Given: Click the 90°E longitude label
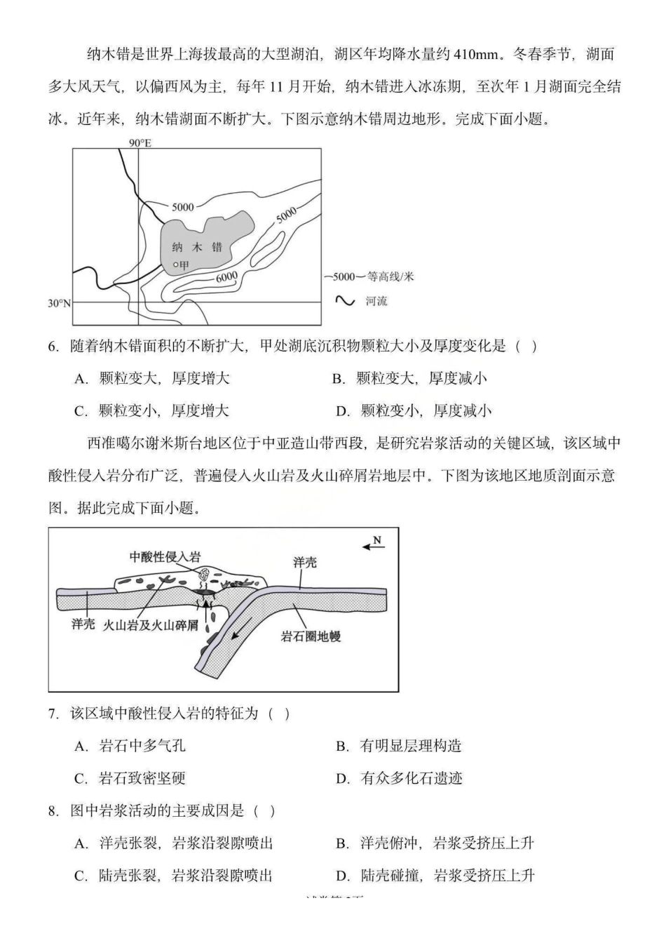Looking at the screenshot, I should (140, 143).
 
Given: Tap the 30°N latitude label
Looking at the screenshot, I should (60, 303).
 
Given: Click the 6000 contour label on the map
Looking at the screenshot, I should (226, 276).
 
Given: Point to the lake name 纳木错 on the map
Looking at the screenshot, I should (197, 247).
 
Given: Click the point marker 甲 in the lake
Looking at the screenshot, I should (181, 265).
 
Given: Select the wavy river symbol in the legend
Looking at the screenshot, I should (345, 301).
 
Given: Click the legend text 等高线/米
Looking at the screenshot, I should (390, 276).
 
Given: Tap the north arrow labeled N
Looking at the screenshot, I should (374, 543).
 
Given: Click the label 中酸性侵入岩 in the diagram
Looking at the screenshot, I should (165, 556).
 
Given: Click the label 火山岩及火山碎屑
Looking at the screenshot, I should (151, 624).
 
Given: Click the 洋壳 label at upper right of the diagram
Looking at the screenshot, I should (305, 562).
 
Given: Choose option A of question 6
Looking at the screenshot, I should (152, 379).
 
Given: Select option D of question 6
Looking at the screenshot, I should (414, 411).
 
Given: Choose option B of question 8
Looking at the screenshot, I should (435, 843).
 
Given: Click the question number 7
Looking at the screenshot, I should (53, 714).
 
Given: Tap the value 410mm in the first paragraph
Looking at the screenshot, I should (477, 55).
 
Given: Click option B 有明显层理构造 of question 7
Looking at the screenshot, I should (399, 747).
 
